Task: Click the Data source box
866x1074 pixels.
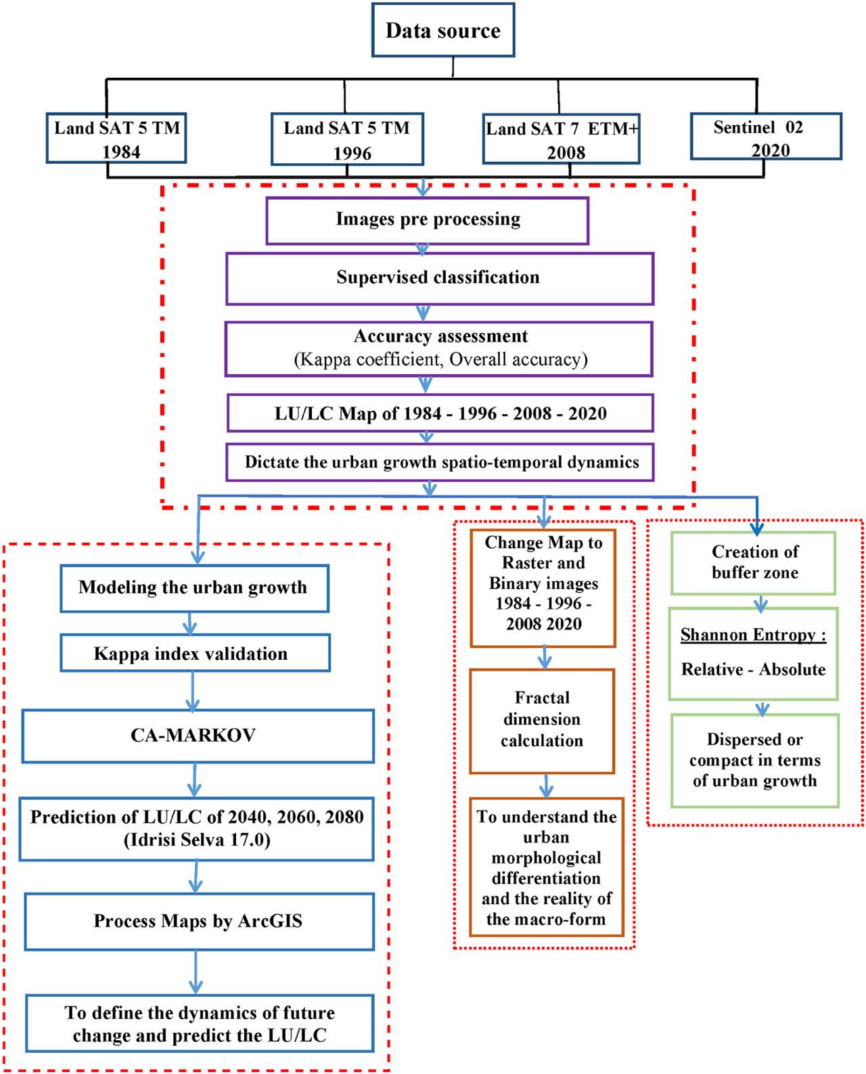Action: (x=443, y=30)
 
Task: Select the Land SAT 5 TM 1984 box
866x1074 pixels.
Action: (x=116, y=139)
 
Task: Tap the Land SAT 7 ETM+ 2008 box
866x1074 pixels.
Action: (x=561, y=140)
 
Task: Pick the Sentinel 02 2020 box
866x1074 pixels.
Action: (x=765, y=137)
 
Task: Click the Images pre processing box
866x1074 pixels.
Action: (x=428, y=220)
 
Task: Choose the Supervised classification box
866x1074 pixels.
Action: (x=438, y=278)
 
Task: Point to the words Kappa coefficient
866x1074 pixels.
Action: (x=368, y=359)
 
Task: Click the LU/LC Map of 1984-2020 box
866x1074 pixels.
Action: (x=440, y=413)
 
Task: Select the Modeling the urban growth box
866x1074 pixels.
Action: (x=193, y=587)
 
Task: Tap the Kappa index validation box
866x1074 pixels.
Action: (x=194, y=654)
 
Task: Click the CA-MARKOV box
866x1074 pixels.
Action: (x=197, y=736)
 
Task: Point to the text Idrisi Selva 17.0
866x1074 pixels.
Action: (x=196, y=841)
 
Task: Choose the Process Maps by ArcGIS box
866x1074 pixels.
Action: (x=198, y=921)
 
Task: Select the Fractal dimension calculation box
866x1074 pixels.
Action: (x=542, y=720)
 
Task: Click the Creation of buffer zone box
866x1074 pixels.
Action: (x=754, y=562)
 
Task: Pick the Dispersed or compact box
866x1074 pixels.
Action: (x=754, y=761)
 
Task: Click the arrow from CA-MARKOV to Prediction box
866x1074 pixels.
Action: (x=195, y=780)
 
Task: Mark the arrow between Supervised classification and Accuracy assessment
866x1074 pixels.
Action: (x=424, y=313)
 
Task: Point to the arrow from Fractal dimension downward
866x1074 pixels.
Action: (x=547, y=786)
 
